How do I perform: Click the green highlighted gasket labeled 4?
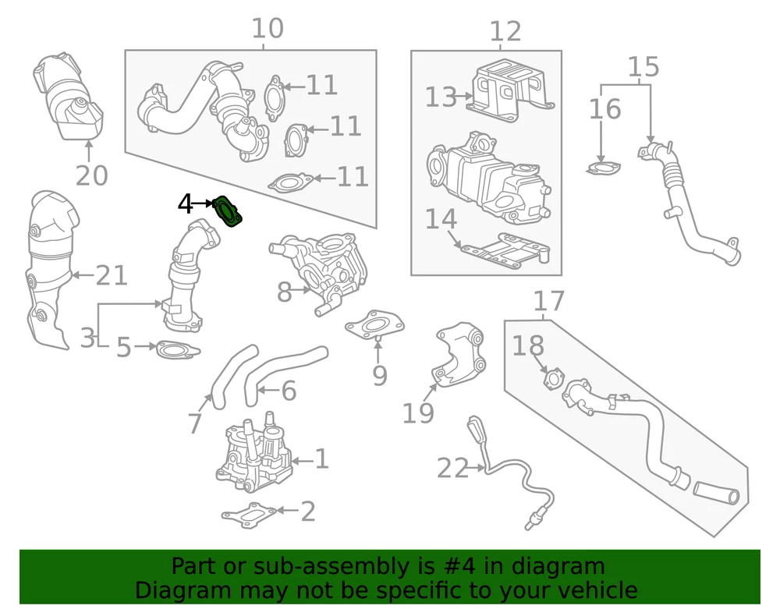click(229, 211)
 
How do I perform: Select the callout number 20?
click(91, 175)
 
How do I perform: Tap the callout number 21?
click(111, 275)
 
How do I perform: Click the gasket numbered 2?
click(249, 515)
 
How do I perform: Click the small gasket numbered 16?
click(602, 167)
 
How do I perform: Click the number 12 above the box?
click(505, 32)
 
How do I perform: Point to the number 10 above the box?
click(268, 29)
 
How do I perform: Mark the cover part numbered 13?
click(512, 89)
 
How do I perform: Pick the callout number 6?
click(289, 391)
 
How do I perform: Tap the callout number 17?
click(549, 300)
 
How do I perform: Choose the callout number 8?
click(284, 293)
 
